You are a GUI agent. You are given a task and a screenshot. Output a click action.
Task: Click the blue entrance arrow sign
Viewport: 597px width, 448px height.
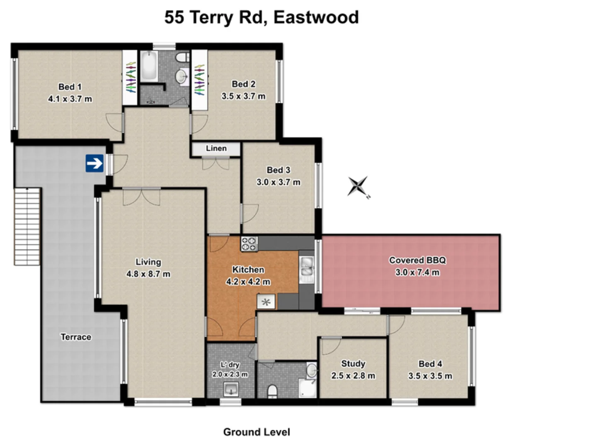tap(95, 163)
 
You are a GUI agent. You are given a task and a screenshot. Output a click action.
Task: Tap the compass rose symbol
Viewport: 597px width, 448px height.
tap(358, 186)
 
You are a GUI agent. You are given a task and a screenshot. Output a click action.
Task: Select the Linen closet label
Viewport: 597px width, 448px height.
tap(216, 149)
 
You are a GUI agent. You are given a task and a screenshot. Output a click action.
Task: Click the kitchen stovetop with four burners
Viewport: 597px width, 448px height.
tap(249, 243)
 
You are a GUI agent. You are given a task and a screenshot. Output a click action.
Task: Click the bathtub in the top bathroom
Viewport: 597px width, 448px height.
tap(148, 66)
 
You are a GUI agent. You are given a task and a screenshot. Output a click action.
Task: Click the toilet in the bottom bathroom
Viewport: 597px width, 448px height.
tap(272, 391)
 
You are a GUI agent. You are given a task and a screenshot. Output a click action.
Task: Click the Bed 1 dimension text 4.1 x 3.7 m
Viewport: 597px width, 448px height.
tap(70, 99)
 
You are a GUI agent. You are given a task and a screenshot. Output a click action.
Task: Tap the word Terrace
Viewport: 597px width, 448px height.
tap(76, 337)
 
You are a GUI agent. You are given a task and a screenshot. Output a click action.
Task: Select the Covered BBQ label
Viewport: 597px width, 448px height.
tap(417, 260)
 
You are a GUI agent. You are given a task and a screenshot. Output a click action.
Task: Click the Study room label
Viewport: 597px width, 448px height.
tap(353, 363)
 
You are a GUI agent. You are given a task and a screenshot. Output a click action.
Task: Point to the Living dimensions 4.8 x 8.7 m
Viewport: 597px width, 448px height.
tap(148, 274)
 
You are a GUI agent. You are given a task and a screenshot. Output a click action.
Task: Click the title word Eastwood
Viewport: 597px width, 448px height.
tap(316, 17)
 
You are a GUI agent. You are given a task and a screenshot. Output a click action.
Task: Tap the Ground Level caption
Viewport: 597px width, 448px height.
tap(256, 432)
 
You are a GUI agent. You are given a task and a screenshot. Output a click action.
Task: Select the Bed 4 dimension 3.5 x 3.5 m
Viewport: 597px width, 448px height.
tap(430, 376)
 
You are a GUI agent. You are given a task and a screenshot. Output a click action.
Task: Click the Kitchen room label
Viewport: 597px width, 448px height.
tap(248, 270)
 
